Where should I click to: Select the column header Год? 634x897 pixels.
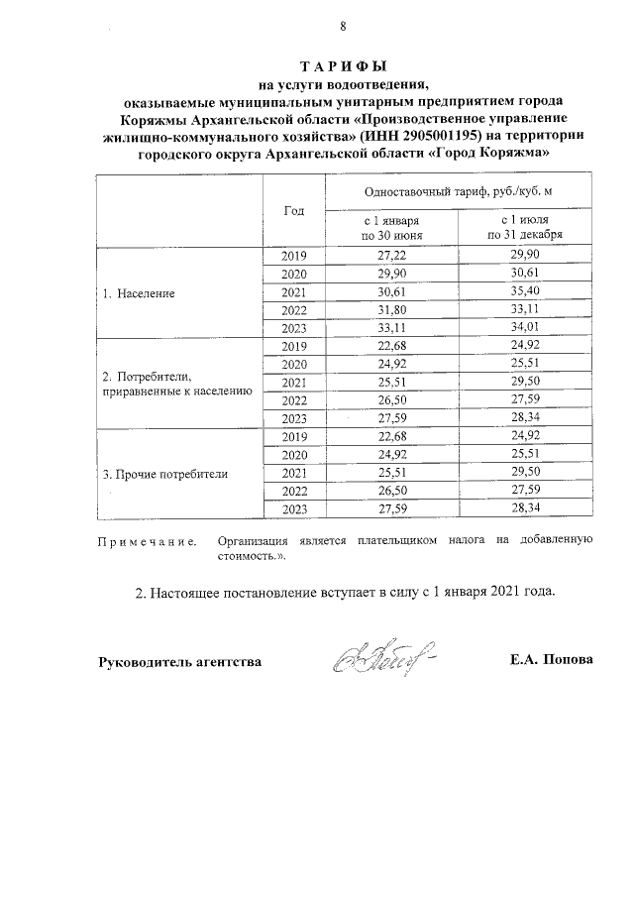pyautogui.click(x=293, y=210)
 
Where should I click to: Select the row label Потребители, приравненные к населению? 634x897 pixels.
pyautogui.click(x=177, y=385)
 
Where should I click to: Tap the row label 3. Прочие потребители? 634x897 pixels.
pyautogui.click(x=165, y=474)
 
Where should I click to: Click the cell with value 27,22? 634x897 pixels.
pyautogui.click(x=392, y=256)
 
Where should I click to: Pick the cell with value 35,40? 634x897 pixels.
pyautogui.click(x=524, y=291)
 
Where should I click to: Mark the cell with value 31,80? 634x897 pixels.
pyautogui.click(x=392, y=309)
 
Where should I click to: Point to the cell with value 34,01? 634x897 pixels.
pyautogui.click(x=524, y=328)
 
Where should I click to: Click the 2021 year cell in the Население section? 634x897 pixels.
pyautogui.click(x=294, y=291)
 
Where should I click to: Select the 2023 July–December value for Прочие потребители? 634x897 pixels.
pyautogui.click(x=524, y=508)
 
